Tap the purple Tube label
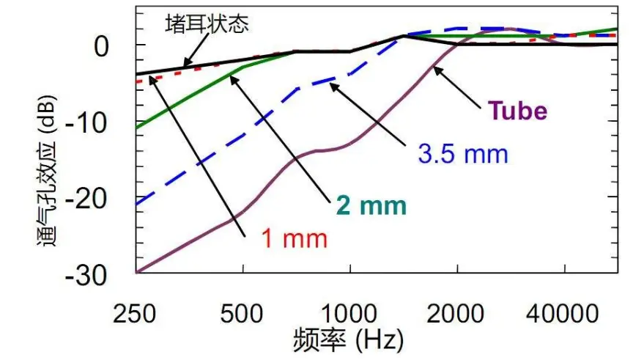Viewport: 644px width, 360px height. coord(518,111)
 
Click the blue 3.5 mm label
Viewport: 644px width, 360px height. coord(463,154)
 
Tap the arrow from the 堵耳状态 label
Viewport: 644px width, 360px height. coord(194,53)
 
